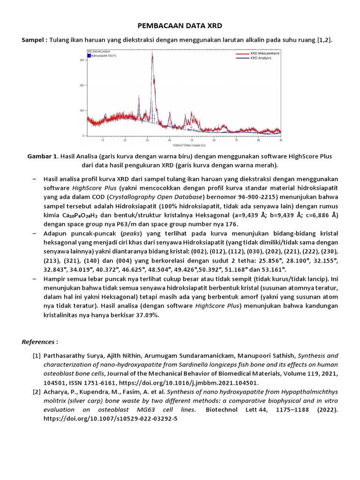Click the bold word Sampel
[x=33, y=40]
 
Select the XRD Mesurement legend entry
[x=265, y=53]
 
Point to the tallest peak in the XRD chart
[x=152, y=54]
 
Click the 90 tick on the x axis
[x=280, y=140]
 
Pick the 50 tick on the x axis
[x=192, y=140]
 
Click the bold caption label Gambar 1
[x=41, y=156]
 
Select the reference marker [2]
[x=37, y=391]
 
